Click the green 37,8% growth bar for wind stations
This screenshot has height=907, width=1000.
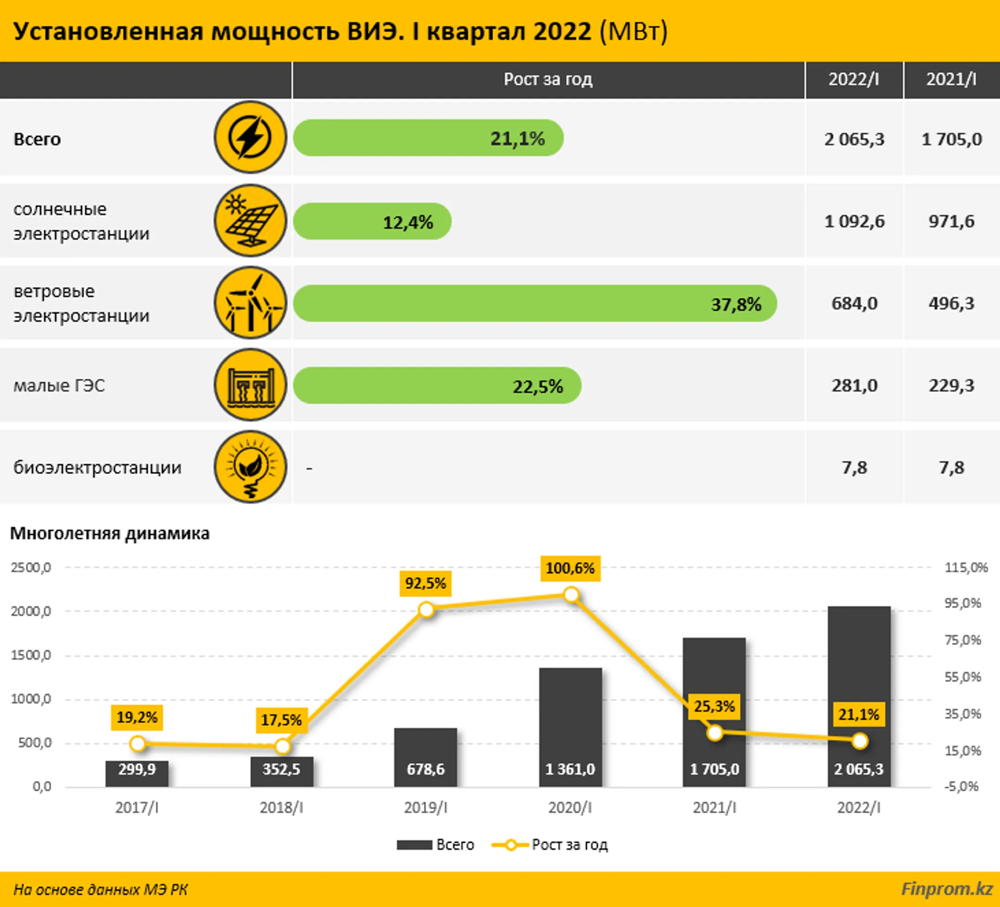pos(535,303)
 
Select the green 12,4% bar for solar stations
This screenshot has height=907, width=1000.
pos(372,221)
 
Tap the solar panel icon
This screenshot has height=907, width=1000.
pos(250,221)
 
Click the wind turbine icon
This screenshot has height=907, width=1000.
pos(250,303)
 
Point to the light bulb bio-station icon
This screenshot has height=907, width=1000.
pos(250,467)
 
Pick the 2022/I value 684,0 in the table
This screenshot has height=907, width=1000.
pos(854,303)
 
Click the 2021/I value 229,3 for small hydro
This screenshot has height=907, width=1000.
pos(951,386)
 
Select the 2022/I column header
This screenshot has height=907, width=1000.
pos(854,79)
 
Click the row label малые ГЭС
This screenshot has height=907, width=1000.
pos(59,386)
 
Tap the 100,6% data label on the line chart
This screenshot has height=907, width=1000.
pos(570,568)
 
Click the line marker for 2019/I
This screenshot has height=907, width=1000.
pos(426,610)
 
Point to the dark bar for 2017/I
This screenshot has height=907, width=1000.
pos(137,773)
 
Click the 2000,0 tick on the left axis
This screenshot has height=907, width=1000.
pos(31,611)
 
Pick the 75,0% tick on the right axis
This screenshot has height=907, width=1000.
pos(963,640)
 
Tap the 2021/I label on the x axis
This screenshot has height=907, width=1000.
pos(714,808)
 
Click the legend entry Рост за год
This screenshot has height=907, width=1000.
pos(550,844)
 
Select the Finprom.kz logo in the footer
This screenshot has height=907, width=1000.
pos(946,888)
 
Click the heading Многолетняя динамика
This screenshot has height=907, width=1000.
pos(110,533)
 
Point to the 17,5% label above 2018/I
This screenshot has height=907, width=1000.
pos(281,720)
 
